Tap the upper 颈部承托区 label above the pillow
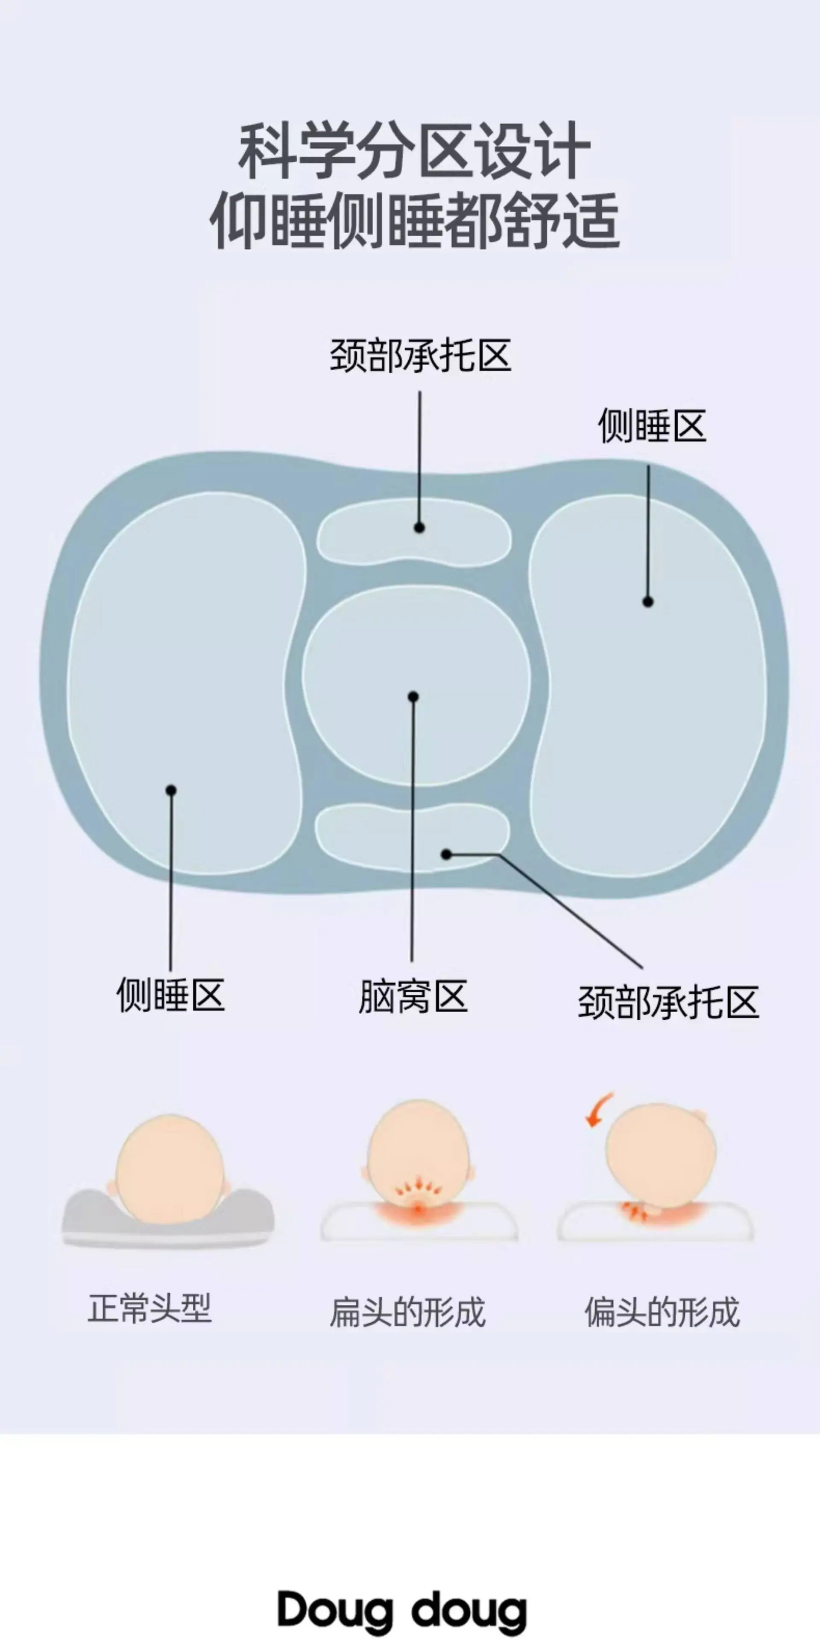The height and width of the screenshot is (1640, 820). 420,355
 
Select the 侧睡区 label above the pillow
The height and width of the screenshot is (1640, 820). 652,425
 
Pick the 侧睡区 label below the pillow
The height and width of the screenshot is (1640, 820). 171,995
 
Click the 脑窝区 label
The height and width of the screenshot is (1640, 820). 413,997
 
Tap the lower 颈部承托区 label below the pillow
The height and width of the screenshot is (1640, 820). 668,1003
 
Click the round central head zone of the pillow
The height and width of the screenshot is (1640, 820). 416,685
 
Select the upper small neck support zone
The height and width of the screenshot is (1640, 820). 414,532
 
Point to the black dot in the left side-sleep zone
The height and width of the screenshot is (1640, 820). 171,790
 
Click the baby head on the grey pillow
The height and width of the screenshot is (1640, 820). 170,1169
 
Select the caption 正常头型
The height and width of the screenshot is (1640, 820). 149,1308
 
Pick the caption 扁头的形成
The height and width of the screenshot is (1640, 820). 407,1312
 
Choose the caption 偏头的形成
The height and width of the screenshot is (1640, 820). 662,1312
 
